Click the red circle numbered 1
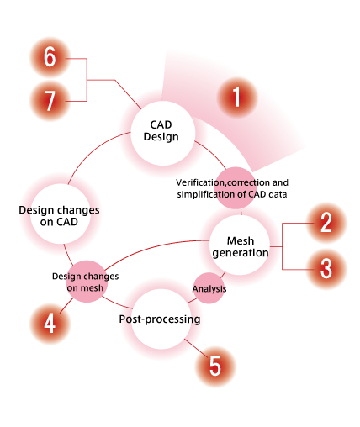[x=237, y=97]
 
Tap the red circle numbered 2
[x=326, y=223]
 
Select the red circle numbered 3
[x=326, y=269]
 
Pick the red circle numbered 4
[x=50, y=324]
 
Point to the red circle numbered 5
[x=215, y=366]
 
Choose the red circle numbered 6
[x=50, y=57]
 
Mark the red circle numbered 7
[x=50, y=101]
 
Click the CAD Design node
[x=163, y=133]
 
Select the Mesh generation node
[x=240, y=245]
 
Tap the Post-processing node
[x=161, y=319]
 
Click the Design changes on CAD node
[x=61, y=213]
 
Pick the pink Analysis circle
[x=209, y=288]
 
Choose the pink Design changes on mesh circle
[x=87, y=282]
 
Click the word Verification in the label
[x=199, y=182]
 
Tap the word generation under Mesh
[x=241, y=253]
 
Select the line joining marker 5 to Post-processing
[x=196, y=348]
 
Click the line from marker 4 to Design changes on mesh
[x=66, y=306]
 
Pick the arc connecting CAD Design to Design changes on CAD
[x=94, y=151]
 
